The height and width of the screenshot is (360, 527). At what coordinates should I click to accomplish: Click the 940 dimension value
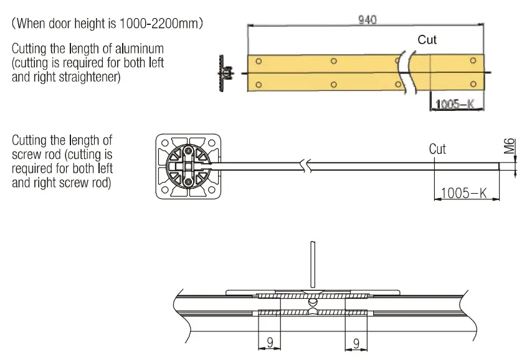[x=367, y=19]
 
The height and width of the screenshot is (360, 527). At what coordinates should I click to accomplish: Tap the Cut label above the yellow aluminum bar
[x=427, y=40]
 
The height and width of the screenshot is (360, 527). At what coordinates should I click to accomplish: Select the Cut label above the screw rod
[x=437, y=149]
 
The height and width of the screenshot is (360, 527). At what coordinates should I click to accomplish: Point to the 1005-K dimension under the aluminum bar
[x=455, y=104]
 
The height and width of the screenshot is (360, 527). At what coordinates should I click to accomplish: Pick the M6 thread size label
[x=510, y=147]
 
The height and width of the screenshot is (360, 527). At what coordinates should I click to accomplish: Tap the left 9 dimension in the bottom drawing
[x=269, y=342]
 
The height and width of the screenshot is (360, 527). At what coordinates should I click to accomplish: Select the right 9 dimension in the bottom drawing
[x=356, y=342]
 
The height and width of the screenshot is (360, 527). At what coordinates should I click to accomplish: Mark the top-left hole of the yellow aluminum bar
[x=259, y=61]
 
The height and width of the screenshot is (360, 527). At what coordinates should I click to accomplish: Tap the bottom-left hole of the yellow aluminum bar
[x=259, y=84]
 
